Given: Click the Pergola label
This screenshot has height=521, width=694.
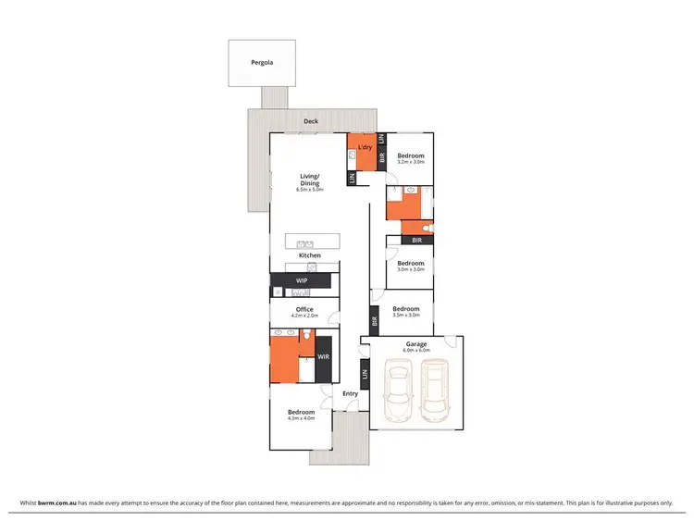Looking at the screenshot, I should (x=262, y=63).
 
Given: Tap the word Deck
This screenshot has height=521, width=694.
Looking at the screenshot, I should (x=311, y=121).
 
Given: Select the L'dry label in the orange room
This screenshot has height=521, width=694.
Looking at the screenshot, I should (x=365, y=147).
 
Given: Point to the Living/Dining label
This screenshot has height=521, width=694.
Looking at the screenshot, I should (x=309, y=179).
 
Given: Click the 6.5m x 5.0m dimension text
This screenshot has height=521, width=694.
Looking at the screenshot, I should (x=309, y=190).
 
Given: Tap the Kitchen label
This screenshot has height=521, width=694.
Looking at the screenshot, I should (x=309, y=255).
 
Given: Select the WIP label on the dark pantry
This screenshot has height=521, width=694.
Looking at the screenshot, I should (x=302, y=280).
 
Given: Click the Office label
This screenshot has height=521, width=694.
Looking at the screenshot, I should (x=304, y=309).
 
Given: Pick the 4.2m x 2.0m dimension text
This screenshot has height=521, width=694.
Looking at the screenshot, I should (x=304, y=316).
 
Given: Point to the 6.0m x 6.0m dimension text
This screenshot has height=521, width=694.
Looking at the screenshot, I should (x=415, y=352).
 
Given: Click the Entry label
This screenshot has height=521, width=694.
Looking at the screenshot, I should (x=350, y=394).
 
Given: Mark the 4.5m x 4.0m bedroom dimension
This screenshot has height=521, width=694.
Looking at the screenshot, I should (x=301, y=419).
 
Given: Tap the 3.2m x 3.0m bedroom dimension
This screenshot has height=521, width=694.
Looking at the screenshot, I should (x=411, y=163).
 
